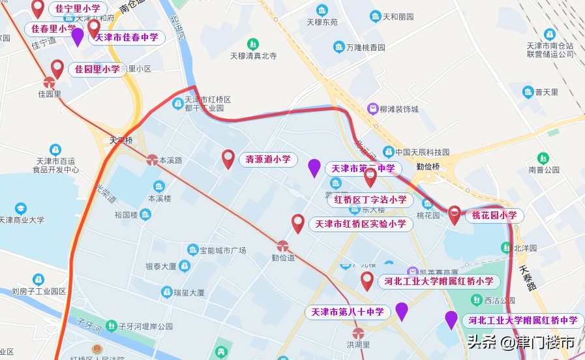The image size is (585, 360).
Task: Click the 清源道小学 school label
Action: (x=267, y=159)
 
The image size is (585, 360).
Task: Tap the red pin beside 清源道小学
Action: (x=228, y=158)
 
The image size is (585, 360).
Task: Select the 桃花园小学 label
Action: (x=494, y=215)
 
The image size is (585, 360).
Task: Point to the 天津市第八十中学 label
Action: (x=348, y=312)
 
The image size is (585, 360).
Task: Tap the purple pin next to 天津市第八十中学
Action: (x=402, y=311)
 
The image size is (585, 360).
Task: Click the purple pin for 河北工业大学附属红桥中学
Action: (x=451, y=320)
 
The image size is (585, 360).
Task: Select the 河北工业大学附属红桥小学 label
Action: (x=439, y=282)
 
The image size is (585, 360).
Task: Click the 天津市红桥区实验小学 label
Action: (x=361, y=224)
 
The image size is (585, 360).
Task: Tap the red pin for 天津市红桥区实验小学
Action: (x=297, y=223)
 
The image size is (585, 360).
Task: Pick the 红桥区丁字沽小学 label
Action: (x=370, y=200)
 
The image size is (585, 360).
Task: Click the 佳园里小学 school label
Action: (x=97, y=69)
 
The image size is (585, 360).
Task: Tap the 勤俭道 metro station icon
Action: (x=282, y=246)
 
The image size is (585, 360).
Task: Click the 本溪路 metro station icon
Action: (x=152, y=159)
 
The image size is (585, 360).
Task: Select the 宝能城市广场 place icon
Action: (x=192, y=250)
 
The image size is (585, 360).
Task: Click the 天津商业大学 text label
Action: (x=22, y=220)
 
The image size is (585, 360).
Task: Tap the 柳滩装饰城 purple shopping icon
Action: (x=372, y=109)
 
